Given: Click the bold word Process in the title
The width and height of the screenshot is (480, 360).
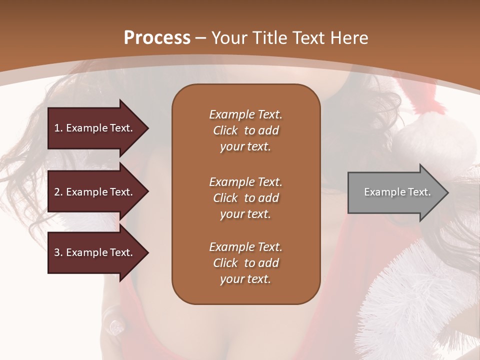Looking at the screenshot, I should click(x=157, y=37).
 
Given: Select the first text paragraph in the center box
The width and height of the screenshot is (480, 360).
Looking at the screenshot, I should click(x=245, y=130).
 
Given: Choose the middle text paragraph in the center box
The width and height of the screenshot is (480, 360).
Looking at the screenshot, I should click(x=245, y=198).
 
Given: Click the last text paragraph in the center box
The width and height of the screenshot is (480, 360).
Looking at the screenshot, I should click(x=245, y=263).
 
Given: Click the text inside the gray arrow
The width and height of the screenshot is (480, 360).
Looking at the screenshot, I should click(x=397, y=192).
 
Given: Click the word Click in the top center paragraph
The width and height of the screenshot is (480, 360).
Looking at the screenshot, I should click(x=225, y=130).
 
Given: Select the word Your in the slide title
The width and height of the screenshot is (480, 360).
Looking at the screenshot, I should click(x=228, y=37).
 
